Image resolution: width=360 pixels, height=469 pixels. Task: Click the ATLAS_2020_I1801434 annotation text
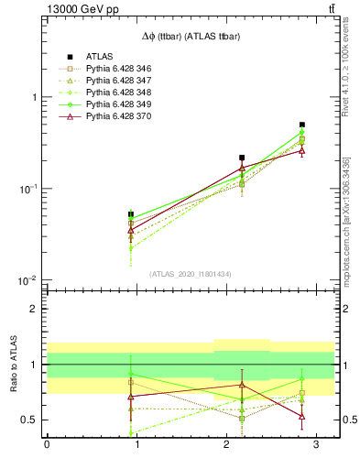pos(190,274)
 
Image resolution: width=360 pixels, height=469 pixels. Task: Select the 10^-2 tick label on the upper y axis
pos(28,280)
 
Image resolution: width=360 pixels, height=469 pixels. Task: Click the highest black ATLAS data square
pos(301,125)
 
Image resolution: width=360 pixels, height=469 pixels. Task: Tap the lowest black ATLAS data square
pos(131,214)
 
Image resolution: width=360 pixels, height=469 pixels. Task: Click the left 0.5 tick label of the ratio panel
pos(30,420)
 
